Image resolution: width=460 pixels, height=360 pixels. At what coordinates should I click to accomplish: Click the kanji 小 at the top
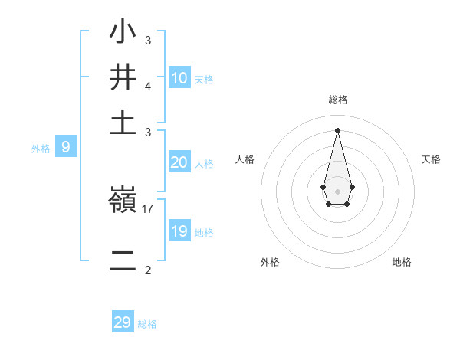[x=123, y=33]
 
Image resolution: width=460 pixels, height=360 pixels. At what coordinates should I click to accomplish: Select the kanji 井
[x=123, y=78]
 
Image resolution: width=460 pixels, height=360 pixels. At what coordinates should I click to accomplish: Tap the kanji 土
[x=123, y=123]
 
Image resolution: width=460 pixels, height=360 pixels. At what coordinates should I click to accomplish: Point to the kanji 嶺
[x=123, y=201]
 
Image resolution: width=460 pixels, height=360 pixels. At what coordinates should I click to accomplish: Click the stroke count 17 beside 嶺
[x=148, y=208]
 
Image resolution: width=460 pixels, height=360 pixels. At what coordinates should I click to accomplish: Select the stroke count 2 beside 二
[x=148, y=270]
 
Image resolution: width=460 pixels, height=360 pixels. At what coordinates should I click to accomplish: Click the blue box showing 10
[x=179, y=77]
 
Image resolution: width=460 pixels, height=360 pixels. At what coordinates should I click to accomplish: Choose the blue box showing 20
[x=179, y=162]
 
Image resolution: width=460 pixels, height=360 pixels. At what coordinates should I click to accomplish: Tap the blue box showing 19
[x=179, y=231]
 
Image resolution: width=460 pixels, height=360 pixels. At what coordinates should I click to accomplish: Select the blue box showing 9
[x=66, y=147]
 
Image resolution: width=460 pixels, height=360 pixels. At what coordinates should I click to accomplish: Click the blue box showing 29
[x=123, y=322]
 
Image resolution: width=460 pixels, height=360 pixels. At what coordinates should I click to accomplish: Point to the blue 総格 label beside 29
[x=147, y=324]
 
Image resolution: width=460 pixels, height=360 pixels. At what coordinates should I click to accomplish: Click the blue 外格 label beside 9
[x=41, y=149]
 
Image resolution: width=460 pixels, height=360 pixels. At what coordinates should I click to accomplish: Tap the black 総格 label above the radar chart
[x=338, y=100]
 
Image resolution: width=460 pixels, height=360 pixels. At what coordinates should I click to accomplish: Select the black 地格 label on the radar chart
[x=402, y=262]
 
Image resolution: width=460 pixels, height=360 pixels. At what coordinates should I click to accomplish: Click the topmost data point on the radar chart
[x=337, y=129]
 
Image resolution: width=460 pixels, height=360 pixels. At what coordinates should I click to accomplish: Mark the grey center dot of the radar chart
[x=337, y=191]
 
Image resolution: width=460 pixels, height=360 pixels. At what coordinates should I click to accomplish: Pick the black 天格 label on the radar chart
[x=431, y=159]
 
